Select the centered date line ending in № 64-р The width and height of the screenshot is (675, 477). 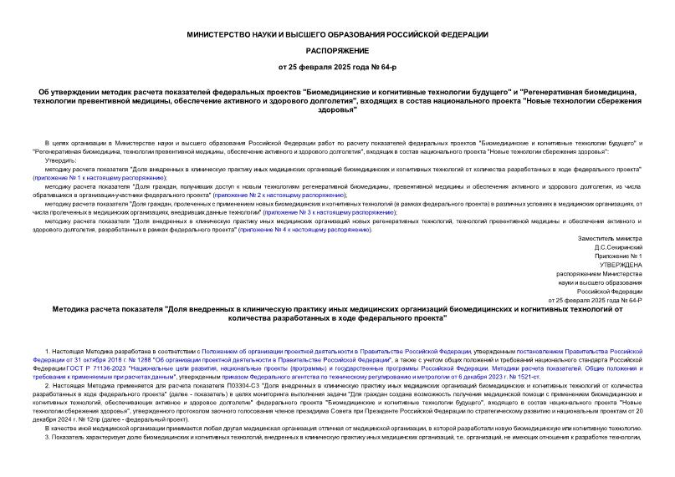click(x=337, y=66)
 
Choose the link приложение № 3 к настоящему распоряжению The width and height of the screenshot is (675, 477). click(x=327, y=212)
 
